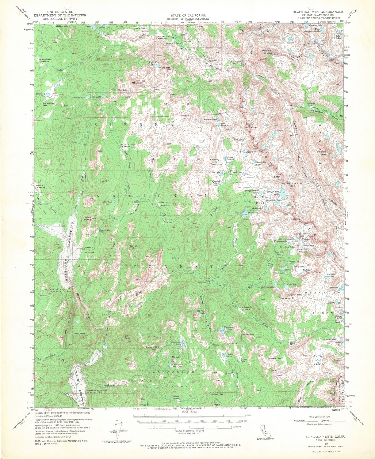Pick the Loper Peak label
click(x=152, y=347)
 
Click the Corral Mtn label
click(x=133, y=247)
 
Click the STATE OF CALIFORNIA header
click(x=188, y=15)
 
